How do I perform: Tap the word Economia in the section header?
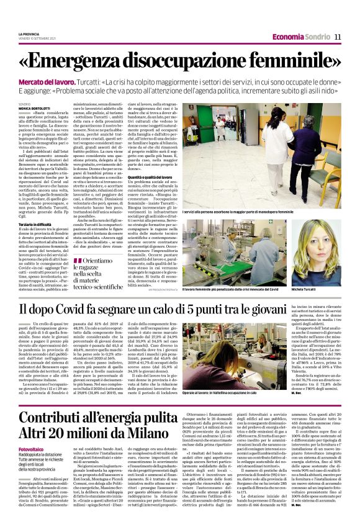(x=289, y=37)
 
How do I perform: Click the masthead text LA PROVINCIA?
(x=29, y=34)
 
